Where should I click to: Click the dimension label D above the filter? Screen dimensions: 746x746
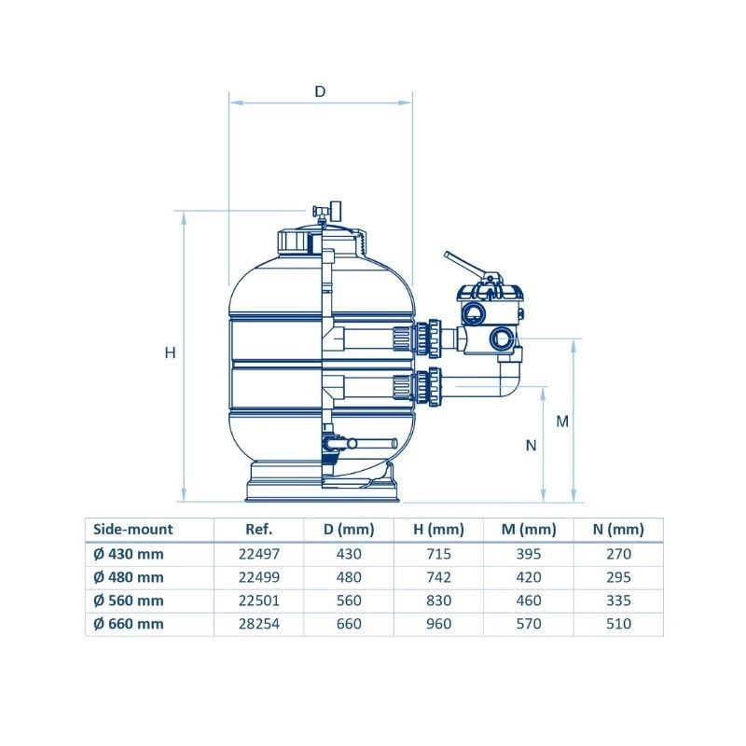click(x=320, y=90)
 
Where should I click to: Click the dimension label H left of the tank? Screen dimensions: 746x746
click(x=171, y=352)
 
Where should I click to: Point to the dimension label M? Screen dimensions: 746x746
click(x=562, y=421)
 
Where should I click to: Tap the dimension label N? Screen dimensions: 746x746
click(x=531, y=446)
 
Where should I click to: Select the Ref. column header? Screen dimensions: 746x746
click(x=259, y=529)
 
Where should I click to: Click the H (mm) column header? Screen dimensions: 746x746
click(x=438, y=529)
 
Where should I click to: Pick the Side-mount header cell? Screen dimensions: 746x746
click(x=132, y=529)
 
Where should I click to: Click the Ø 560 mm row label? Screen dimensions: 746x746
click(x=129, y=601)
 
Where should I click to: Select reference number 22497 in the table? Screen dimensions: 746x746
click(x=259, y=554)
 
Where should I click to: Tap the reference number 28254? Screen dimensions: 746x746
click(x=259, y=623)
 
